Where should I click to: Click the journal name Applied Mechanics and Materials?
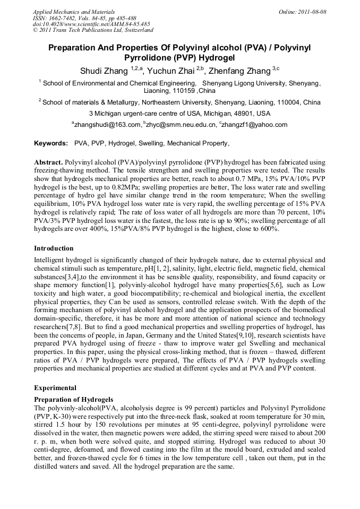(73, 11)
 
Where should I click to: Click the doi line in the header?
(91, 24)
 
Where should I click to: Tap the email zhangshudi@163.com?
(106, 125)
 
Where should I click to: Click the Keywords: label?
(51, 143)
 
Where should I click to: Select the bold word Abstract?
(48, 161)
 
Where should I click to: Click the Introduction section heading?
(54, 248)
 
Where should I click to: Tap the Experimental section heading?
(55, 387)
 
